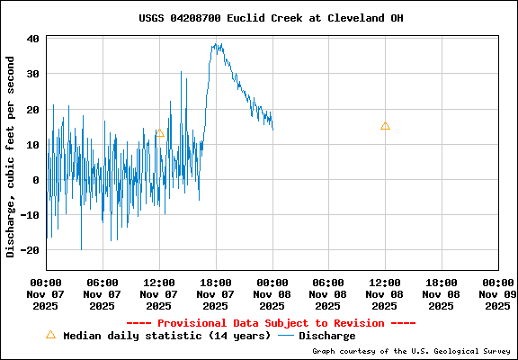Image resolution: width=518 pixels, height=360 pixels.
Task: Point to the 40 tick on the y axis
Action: pyautogui.click(x=31, y=39)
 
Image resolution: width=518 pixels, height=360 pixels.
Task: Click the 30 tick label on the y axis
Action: pyautogui.click(x=31, y=74)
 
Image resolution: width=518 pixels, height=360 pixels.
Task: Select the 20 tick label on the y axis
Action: pyautogui.click(x=31, y=109)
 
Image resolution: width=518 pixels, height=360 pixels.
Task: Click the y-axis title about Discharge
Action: pyautogui.click(x=11, y=157)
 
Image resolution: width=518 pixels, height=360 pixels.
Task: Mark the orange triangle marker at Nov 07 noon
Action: pyautogui.click(x=159, y=133)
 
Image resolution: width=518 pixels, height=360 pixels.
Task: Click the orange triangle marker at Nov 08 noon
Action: pyautogui.click(x=385, y=126)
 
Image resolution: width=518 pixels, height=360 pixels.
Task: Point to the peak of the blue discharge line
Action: pyautogui.click(x=217, y=44)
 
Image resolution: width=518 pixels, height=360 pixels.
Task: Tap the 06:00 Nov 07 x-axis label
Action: pyautogui.click(x=103, y=293)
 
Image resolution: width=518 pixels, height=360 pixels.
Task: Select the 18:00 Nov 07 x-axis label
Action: pyautogui.click(x=216, y=293)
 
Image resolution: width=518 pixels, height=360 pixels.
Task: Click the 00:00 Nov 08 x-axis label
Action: pyautogui.click(x=272, y=293)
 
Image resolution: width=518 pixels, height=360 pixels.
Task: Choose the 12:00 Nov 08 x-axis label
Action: pyautogui.click(x=385, y=293)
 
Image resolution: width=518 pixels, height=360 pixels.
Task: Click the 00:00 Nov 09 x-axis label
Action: pyautogui.click(x=497, y=293)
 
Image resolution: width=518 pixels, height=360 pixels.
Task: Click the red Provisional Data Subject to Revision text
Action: pyautogui.click(x=271, y=323)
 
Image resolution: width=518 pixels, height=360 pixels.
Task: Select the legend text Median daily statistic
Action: pyautogui.click(x=166, y=336)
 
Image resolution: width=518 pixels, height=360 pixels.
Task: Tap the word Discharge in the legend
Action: pyautogui.click(x=326, y=336)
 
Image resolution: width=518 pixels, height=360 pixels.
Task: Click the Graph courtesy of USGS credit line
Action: pyautogui.click(x=411, y=351)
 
